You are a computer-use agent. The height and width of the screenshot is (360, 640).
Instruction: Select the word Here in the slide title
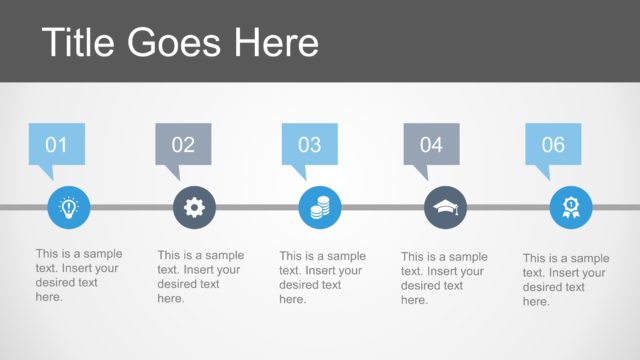point(277,42)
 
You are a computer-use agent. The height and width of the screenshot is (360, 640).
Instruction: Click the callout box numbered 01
point(57,144)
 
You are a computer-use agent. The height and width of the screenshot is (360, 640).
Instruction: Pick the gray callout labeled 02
point(184,144)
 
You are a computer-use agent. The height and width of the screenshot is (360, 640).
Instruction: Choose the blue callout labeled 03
point(310,144)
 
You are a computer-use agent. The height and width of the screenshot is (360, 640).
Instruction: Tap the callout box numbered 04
point(431,144)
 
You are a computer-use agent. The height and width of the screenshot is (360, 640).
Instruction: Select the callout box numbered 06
point(553,144)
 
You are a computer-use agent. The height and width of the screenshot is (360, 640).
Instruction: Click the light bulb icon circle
point(68,207)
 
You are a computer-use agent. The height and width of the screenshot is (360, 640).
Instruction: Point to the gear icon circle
point(194,207)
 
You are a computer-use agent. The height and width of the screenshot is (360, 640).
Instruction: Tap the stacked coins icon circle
point(320,207)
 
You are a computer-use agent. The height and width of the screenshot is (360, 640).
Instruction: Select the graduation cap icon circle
point(445,207)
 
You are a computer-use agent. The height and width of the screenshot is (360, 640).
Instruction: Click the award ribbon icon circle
point(571,207)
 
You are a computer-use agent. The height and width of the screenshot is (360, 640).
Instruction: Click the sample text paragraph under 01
point(79,275)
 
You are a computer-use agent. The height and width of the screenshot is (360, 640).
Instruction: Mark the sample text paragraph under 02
point(201,276)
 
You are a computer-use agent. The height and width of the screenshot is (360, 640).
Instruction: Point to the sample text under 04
point(445,278)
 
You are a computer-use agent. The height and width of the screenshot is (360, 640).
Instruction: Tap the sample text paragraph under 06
point(566,279)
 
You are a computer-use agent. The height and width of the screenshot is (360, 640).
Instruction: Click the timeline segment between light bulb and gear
point(131,207)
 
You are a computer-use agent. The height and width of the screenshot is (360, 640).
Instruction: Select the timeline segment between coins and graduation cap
point(383,207)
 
